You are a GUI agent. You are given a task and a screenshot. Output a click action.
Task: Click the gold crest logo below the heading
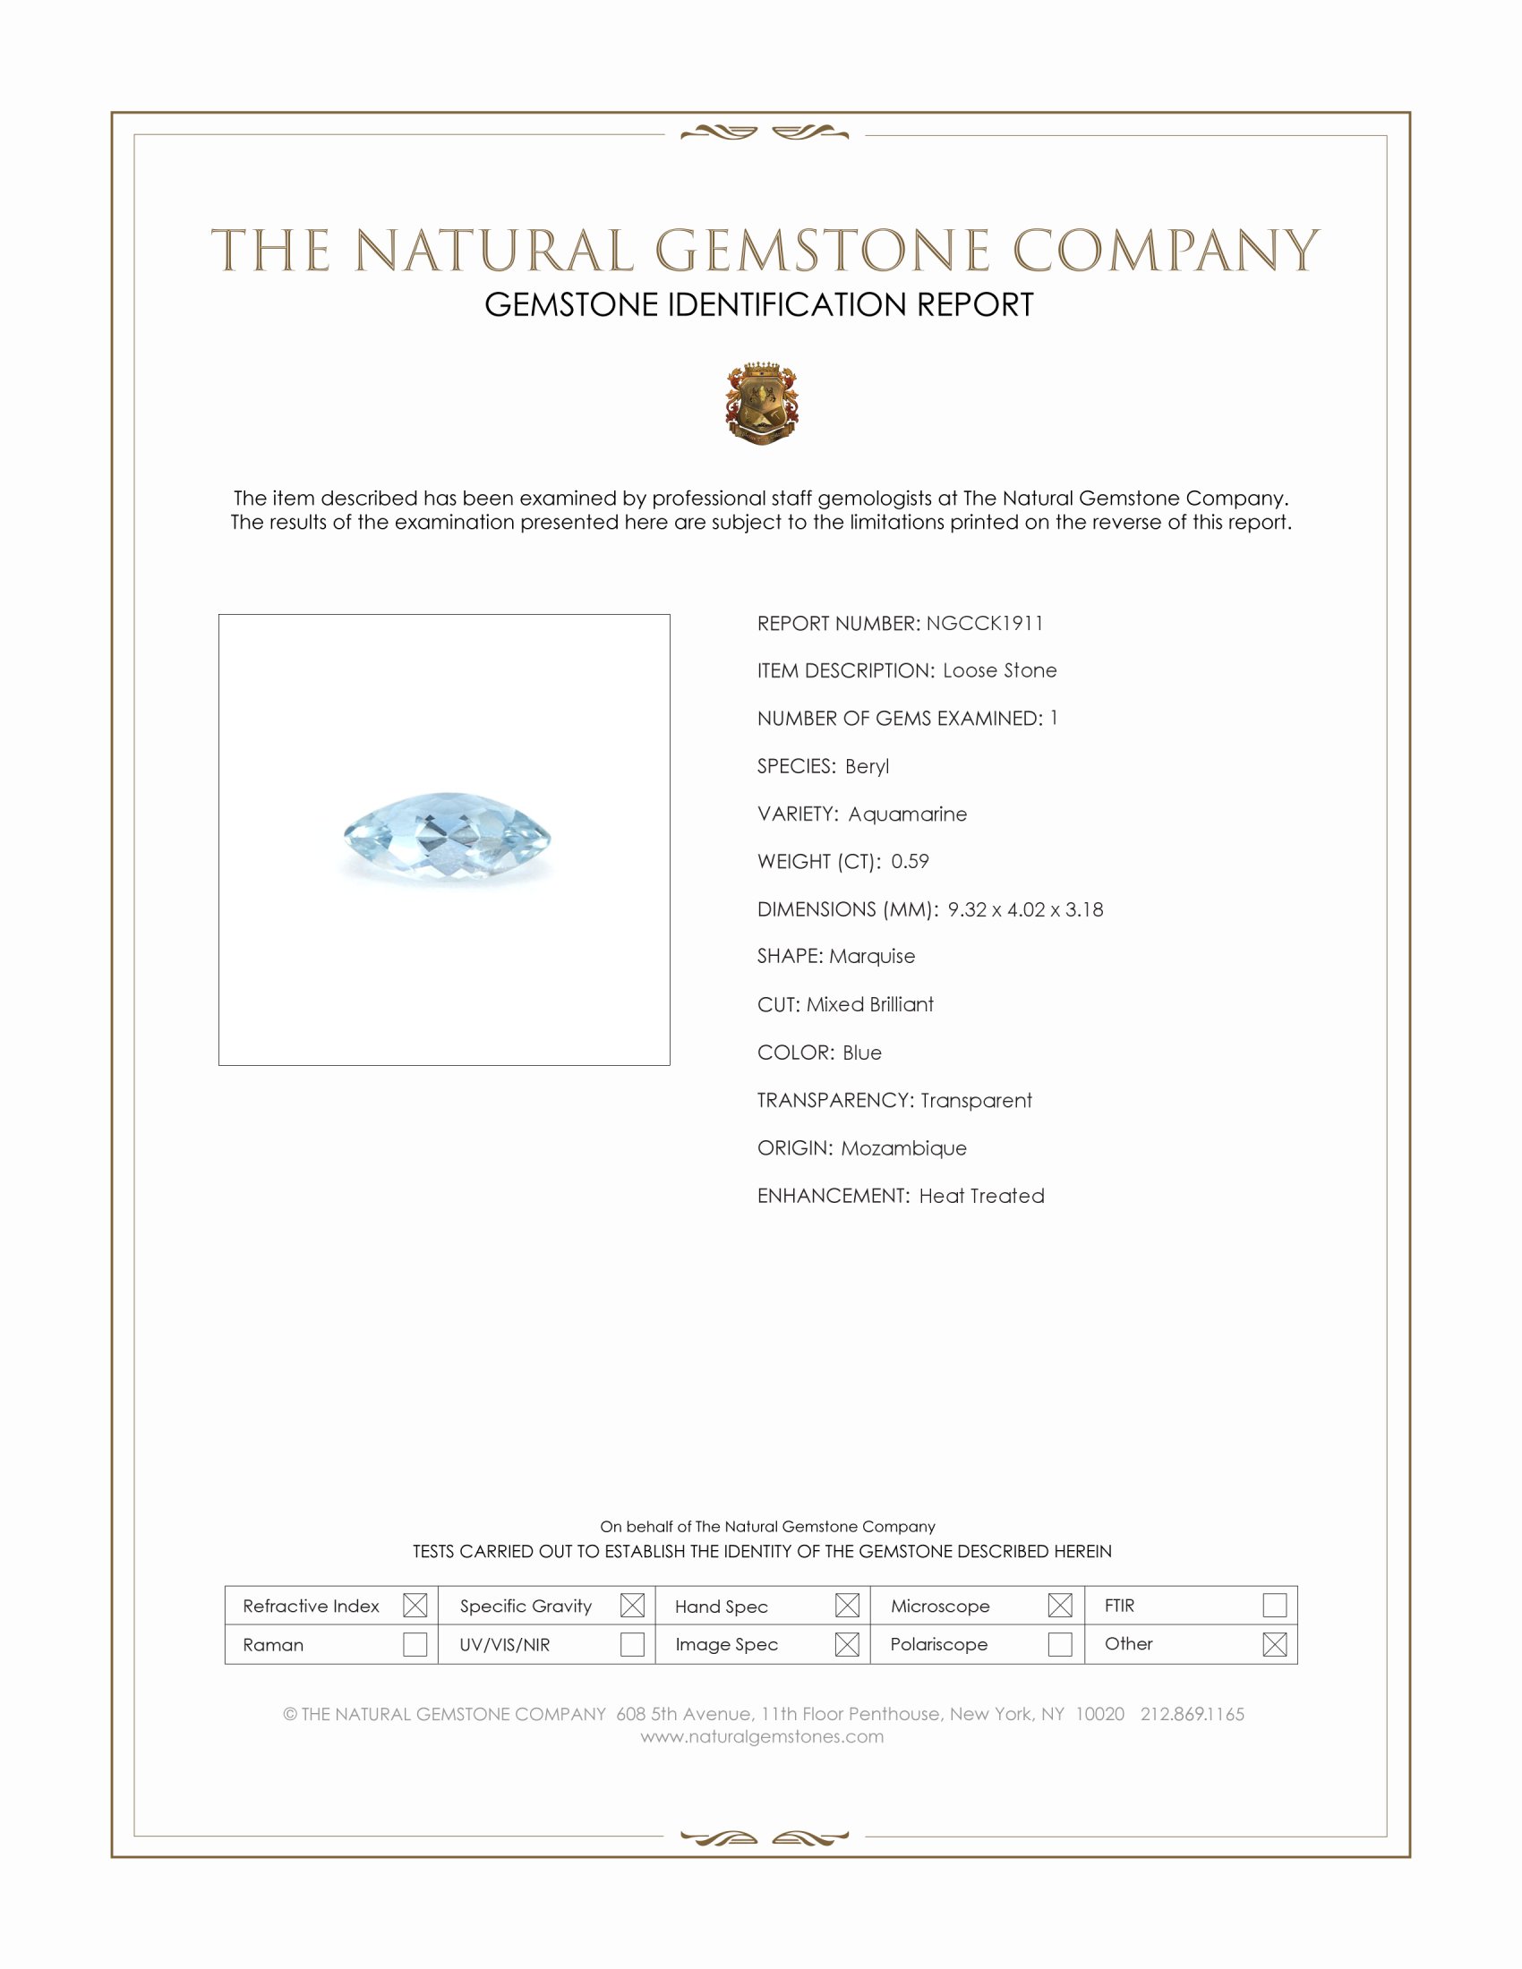point(762,405)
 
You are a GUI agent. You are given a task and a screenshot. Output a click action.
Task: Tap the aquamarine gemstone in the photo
point(449,835)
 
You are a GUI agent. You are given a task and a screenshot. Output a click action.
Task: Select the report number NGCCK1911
point(985,623)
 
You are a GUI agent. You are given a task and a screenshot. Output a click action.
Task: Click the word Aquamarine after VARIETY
point(907,814)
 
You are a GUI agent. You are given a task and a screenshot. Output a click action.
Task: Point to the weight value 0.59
point(910,861)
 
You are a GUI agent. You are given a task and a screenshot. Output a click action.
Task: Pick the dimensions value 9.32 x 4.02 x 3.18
point(1025,909)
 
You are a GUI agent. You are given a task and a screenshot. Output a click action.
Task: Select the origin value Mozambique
point(903,1147)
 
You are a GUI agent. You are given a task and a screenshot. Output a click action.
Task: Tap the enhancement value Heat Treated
point(982,1196)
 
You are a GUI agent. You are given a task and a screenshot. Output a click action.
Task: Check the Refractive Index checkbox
point(415,1605)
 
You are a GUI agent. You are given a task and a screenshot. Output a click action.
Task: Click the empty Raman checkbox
point(415,1644)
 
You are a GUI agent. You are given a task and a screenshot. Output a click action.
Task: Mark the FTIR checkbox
point(1274,1605)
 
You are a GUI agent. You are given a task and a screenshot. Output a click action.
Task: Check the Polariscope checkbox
point(1060,1644)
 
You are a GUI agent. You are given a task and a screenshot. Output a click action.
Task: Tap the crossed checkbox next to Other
point(1274,1644)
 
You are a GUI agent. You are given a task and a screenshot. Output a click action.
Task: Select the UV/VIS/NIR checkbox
point(632,1644)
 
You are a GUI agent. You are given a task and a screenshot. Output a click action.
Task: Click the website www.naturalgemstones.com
point(762,1736)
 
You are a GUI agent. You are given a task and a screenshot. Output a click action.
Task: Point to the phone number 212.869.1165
point(1192,1714)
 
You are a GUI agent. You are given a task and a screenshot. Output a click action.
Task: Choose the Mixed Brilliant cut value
point(870,1004)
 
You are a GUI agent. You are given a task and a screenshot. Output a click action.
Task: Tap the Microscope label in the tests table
point(939,1606)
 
